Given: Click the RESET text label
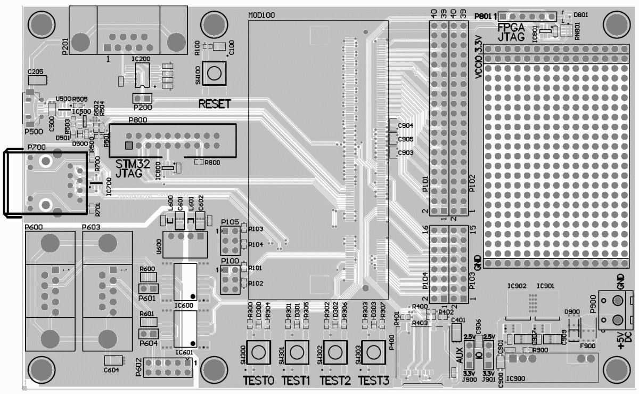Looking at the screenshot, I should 215,104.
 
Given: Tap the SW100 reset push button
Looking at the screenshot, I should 214,74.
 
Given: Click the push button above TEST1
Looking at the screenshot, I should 297,352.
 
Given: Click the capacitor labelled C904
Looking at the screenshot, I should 394,125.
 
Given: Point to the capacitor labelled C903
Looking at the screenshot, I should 394,152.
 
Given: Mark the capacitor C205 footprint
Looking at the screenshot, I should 36,81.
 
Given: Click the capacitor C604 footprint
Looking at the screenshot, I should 113,360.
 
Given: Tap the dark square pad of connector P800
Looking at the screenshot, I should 128,145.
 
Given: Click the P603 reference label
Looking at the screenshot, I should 92,228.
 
